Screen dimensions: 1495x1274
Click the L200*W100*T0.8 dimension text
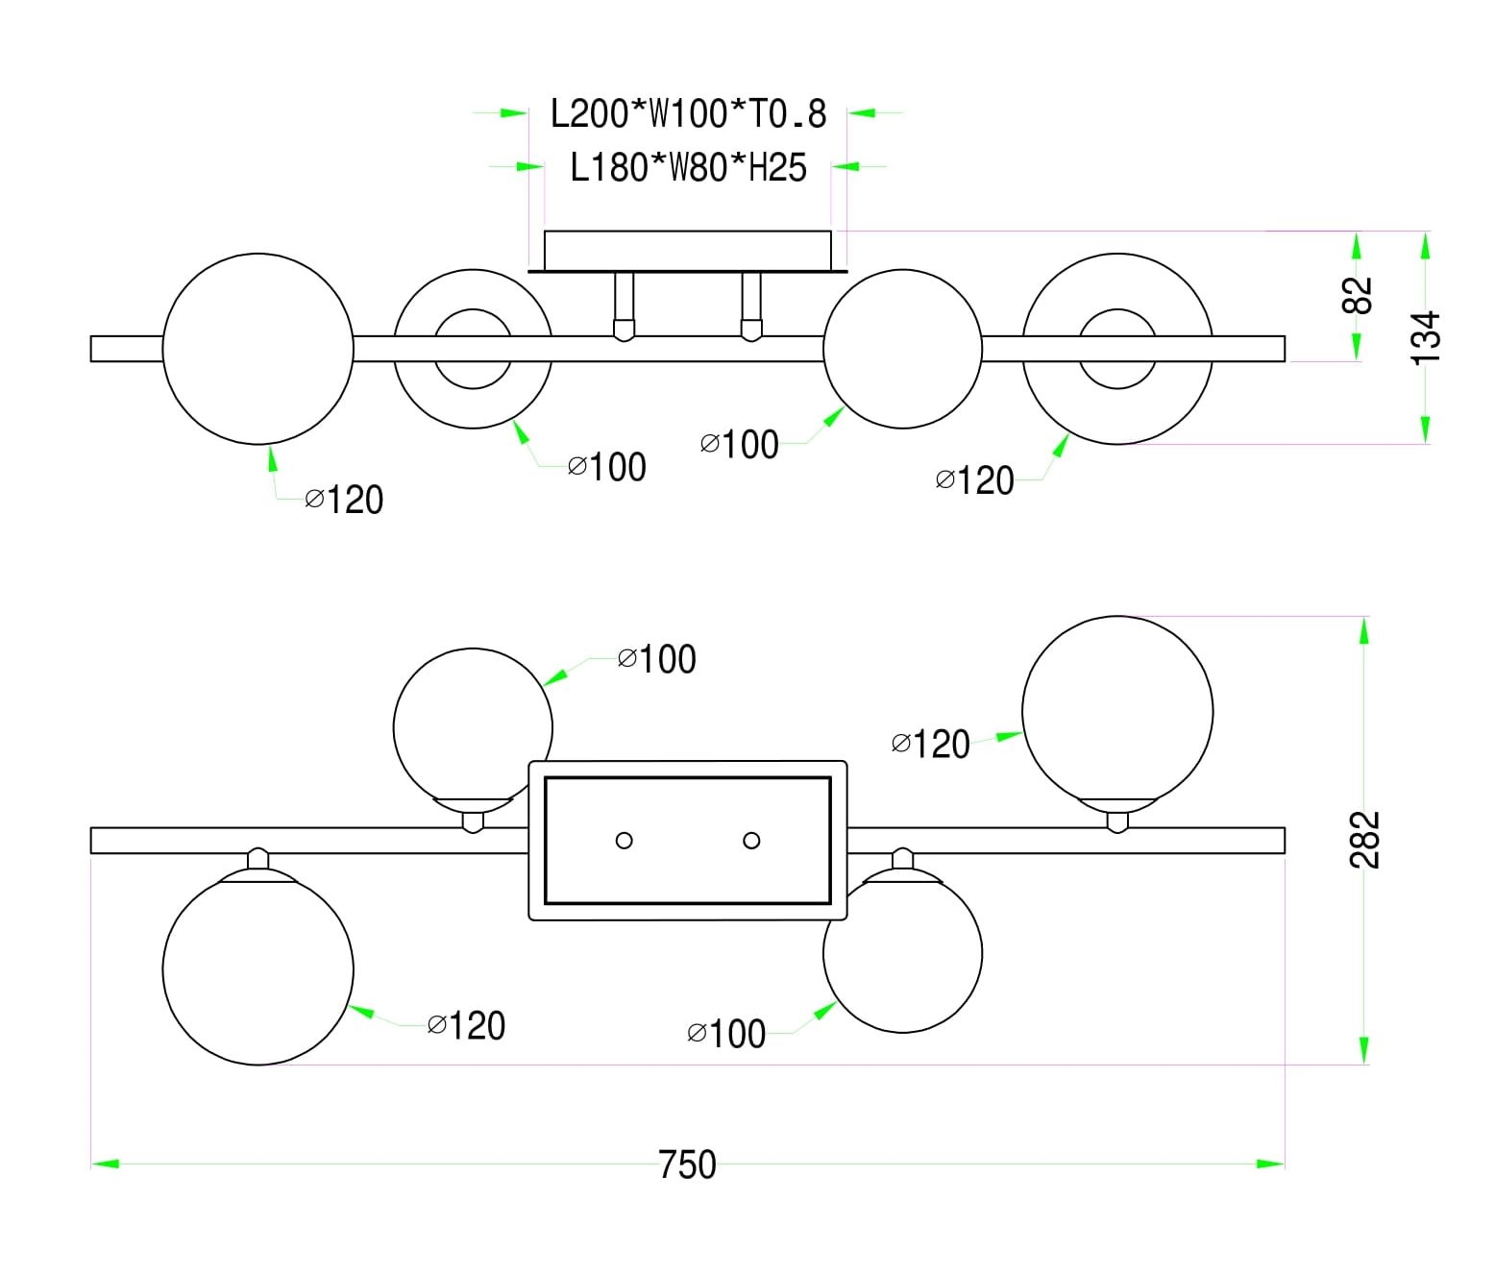click(x=688, y=114)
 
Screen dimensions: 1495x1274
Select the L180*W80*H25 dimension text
click(x=688, y=168)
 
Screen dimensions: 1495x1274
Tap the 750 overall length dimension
click(x=687, y=1164)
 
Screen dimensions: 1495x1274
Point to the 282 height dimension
click(x=1364, y=840)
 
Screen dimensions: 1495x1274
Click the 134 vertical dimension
click(x=1426, y=338)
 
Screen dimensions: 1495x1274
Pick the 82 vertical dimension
click(x=1357, y=294)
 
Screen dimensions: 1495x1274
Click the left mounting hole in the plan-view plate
click(x=624, y=841)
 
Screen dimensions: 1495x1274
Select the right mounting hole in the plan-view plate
click(x=751, y=841)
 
